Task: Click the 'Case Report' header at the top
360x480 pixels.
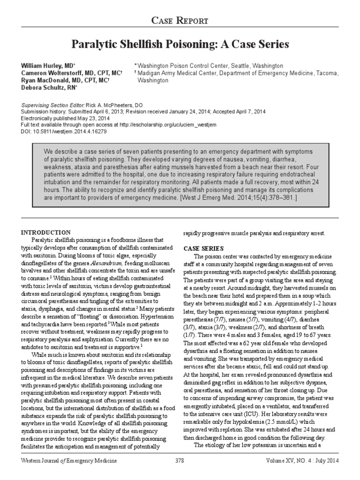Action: pyautogui.click(x=180, y=20)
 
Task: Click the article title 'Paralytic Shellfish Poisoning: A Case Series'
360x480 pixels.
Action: pyautogui.click(x=180, y=45)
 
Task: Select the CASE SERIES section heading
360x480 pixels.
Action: pyautogui.click(x=203, y=248)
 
